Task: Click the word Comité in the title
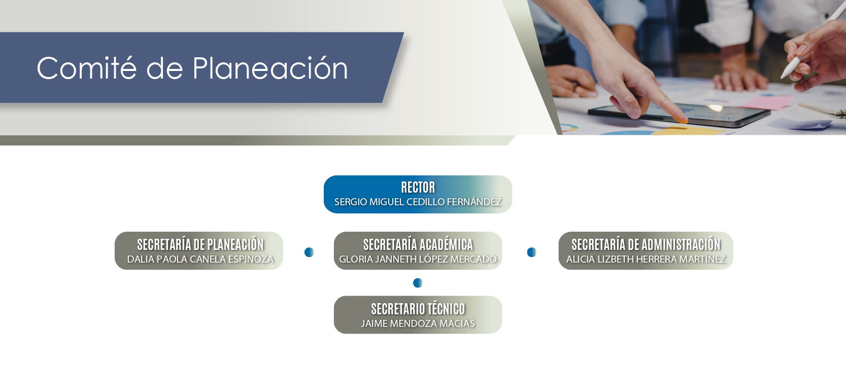pos(86,68)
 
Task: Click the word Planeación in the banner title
pos(270,68)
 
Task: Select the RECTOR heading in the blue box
pos(418,187)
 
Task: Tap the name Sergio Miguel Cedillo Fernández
pos(418,202)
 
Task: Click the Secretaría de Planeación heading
pos(200,244)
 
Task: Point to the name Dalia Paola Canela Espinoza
pos(200,260)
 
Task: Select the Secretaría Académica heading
pos(418,244)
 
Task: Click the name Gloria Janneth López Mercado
pos(418,260)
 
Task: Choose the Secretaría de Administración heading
pos(646,244)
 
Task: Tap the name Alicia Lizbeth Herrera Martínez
pos(646,260)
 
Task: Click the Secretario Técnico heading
pos(418,309)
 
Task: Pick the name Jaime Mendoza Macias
pos(418,323)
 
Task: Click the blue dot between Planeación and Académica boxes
pos(309,252)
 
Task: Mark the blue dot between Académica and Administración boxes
pos(531,252)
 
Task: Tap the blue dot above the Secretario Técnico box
pos(417,283)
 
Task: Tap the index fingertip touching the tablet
pos(682,120)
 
